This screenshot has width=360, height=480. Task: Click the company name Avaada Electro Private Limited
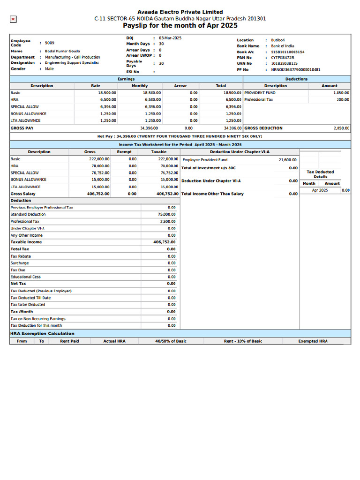click(180, 12)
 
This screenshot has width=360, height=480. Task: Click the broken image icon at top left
click(13, 19)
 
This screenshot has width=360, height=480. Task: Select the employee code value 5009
click(49, 43)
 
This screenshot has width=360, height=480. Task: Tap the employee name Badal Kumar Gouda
click(62, 51)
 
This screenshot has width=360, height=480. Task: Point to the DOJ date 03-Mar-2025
click(170, 37)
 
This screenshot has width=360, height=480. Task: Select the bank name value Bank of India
click(282, 46)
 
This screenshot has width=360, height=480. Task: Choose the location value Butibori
click(277, 40)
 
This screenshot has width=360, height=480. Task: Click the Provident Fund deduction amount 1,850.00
click(341, 93)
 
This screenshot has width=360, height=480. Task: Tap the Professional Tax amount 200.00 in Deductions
click(343, 100)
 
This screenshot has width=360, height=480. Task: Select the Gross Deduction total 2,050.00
click(341, 128)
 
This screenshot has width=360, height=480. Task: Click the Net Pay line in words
click(180, 136)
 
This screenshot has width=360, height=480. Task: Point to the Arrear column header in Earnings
click(180, 86)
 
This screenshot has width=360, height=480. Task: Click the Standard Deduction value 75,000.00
click(166, 214)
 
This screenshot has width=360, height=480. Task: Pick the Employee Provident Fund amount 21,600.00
click(287, 160)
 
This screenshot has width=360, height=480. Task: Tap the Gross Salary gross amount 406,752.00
click(98, 194)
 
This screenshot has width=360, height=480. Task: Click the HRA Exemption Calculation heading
click(42, 333)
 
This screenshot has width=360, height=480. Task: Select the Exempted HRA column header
click(313, 341)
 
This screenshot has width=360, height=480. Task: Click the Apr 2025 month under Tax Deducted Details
click(320, 190)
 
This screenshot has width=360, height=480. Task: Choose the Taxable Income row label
click(26, 242)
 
